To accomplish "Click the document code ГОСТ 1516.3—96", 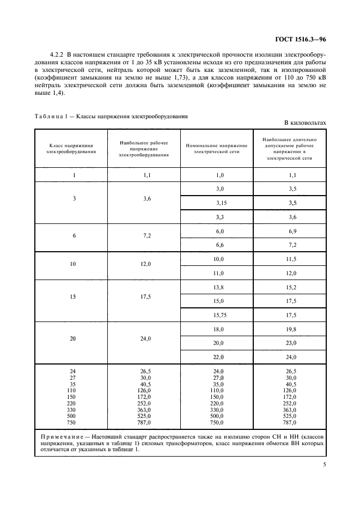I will coord(301,39).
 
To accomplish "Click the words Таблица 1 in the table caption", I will coord(51,117).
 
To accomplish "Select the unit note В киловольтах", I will coord(305,124).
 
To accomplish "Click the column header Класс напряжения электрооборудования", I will coord(71,149).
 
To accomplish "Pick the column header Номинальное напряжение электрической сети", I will coord(217,149).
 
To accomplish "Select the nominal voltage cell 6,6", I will coord(220,245).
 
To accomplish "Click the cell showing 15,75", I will coord(220,315).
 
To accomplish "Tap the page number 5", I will coord(324,464).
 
